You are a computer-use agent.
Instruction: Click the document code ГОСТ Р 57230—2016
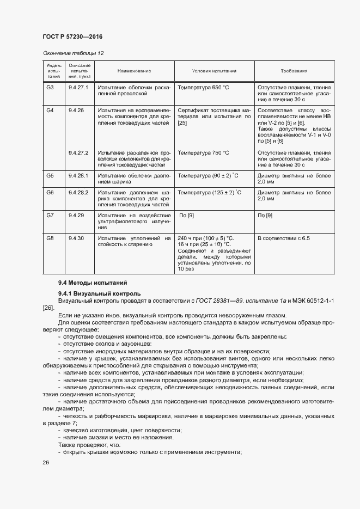(x=72, y=36)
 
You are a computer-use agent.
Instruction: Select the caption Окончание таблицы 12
(x=73, y=53)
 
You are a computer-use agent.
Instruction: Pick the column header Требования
(x=294, y=71)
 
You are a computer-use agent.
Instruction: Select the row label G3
(x=50, y=88)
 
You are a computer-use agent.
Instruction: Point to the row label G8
(x=50, y=238)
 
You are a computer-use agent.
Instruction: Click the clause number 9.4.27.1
(x=78, y=88)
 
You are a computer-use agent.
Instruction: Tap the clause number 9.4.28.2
(x=78, y=193)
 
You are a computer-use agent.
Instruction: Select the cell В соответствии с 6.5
(x=283, y=238)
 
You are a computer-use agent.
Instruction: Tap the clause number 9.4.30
(x=76, y=238)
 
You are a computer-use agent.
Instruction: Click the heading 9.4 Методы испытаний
(x=93, y=283)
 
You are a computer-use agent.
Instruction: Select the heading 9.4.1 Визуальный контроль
(x=99, y=293)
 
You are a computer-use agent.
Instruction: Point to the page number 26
(x=46, y=462)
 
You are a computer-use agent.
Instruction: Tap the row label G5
(x=50, y=176)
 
